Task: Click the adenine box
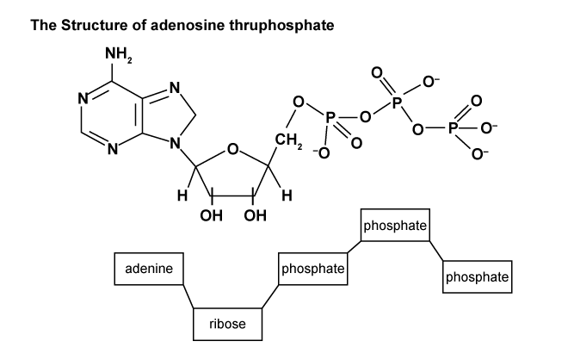(149, 269)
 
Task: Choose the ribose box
(227, 324)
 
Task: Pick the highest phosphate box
(395, 227)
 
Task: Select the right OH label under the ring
(254, 214)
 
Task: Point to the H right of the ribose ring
(286, 196)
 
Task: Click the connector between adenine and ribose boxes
(186, 295)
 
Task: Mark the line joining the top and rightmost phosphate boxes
(436, 251)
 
